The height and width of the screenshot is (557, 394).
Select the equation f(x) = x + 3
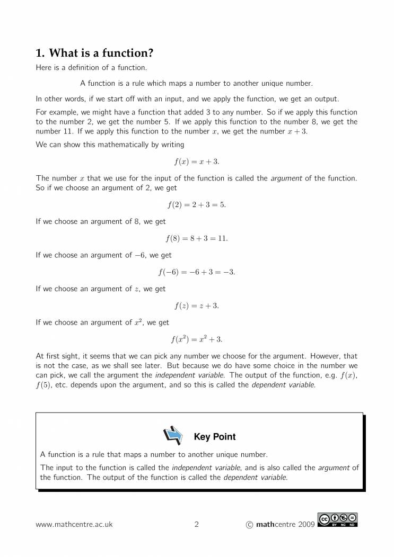click(x=197, y=161)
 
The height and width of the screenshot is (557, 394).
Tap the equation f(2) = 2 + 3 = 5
click(x=197, y=205)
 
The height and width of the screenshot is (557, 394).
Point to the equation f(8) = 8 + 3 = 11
click(x=197, y=238)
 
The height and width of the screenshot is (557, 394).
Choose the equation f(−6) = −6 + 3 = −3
click(x=197, y=272)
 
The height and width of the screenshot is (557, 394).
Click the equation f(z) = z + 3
click(x=197, y=306)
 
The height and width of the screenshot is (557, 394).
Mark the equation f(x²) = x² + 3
click(x=197, y=339)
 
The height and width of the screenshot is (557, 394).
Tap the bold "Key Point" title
click(x=215, y=437)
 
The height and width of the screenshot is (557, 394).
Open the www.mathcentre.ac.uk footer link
click(x=74, y=525)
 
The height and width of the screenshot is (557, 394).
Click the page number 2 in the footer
click(x=197, y=525)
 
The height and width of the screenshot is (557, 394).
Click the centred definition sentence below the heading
click(x=197, y=83)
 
